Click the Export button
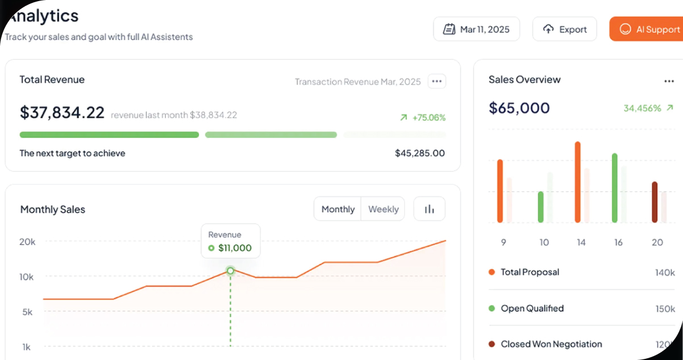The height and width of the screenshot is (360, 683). coord(564,30)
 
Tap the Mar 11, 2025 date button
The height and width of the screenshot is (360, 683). coord(476,30)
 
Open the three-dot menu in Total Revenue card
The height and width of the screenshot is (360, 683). coord(436,81)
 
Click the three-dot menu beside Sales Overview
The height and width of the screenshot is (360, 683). coord(669,81)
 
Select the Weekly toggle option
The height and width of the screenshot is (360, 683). coord(383,209)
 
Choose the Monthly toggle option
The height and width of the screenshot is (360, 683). coord(338,209)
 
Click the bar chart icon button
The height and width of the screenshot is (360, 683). coord(429,209)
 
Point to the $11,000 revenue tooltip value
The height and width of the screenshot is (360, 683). coord(234,248)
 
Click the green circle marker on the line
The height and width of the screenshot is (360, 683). coord(230,271)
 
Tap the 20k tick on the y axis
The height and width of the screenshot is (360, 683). coord(27,241)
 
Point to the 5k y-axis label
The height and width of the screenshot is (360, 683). coord(27,312)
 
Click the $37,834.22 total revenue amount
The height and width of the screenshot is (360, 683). coord(62,112)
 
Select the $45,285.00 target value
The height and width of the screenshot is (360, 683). coord(419,153)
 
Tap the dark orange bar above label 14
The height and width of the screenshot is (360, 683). coord(578,182)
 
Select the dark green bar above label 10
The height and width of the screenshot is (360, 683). coord(541,207)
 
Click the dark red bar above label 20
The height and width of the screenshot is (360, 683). coord(655,202)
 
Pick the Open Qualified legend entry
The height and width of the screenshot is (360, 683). coord(532,308)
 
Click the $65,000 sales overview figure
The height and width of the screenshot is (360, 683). coord(519,108)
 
